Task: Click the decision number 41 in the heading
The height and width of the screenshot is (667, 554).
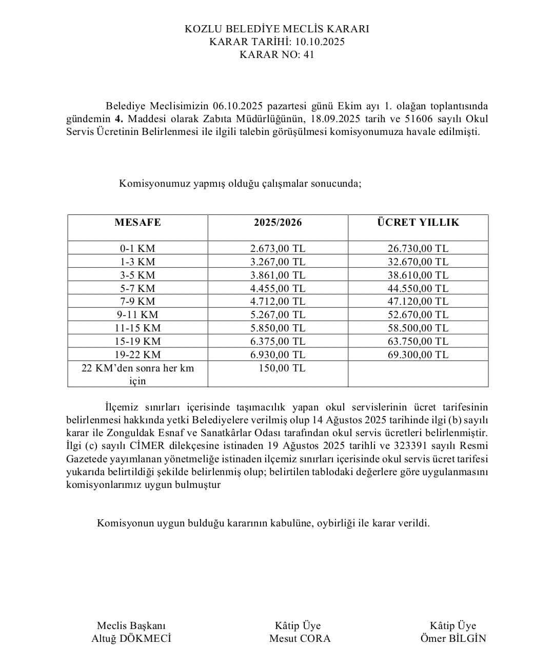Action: (x=308, y=54)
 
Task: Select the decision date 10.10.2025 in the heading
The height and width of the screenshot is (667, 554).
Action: (x=320, y=42)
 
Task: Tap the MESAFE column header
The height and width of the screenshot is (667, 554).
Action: (x=137, y=222)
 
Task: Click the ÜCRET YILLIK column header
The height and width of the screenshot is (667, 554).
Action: (x=418, y=222)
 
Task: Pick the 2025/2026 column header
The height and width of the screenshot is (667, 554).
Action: (x=278, y=222)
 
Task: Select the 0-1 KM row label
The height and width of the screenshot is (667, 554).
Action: (x=137, y=248)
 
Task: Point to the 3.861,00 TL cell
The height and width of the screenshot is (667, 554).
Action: (x=278, y=275)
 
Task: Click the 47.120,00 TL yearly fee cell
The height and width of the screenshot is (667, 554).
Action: (x=418, y=301)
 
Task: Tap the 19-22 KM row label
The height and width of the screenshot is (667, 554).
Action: (x=137, y=355)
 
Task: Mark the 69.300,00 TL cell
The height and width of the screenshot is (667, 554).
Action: (x=418, y=355)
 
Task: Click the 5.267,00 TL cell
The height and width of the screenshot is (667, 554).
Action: (x=278, y=315)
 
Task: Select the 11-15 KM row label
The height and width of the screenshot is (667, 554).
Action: (x=137, y=328)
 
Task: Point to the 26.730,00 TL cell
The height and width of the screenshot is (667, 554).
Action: (x=418, y=248)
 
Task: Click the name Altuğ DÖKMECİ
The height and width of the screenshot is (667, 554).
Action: (x=131, y=638)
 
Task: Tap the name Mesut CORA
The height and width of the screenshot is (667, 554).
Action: (x=300, y=638)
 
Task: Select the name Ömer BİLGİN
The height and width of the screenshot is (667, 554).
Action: (x=453, y=638)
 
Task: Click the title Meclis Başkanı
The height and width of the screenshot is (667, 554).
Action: (x=131, y=625)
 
